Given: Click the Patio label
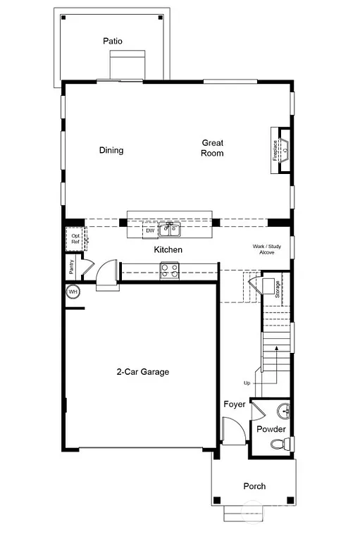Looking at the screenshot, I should pyautogui.click(x=112, y=42).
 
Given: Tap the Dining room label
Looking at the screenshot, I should pyautogui.click(x=111, y=150).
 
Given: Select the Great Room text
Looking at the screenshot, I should pyautogui.click(x=212, y=148).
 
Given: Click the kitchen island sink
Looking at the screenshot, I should pyautogui.click(x=169, y=230).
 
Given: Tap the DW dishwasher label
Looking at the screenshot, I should pyautogui.click(x=149, y=230).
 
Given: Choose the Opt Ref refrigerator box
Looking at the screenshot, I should pyautogui.click(x=75, y=237).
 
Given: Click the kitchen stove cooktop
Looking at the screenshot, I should pyautogui.click(x=169, y=270).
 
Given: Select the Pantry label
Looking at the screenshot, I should pyautogui.click(x=73, y=267).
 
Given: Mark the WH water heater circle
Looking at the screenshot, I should pyautogui.click(x=73, y=292).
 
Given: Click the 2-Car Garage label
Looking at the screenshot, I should pyautogui.click(x=143, y=372).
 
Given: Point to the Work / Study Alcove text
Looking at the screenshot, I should pyautogui.click(x=267, y=249).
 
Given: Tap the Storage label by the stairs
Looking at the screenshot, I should pyautogui.click(x=278, y=289).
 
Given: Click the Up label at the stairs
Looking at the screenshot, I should pyautogui.click(x=247, y=383).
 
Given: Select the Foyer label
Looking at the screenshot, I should pyautogui.click(x=234, y=404).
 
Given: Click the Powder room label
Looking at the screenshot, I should pyautogui.click(x=271, y=429).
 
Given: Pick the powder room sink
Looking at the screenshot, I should pyautogui.click(x=283, y=410).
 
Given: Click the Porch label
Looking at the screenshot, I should pyautogui.click(x=254, y=486).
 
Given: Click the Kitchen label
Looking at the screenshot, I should pyautogui.click(x=168, y=250).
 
